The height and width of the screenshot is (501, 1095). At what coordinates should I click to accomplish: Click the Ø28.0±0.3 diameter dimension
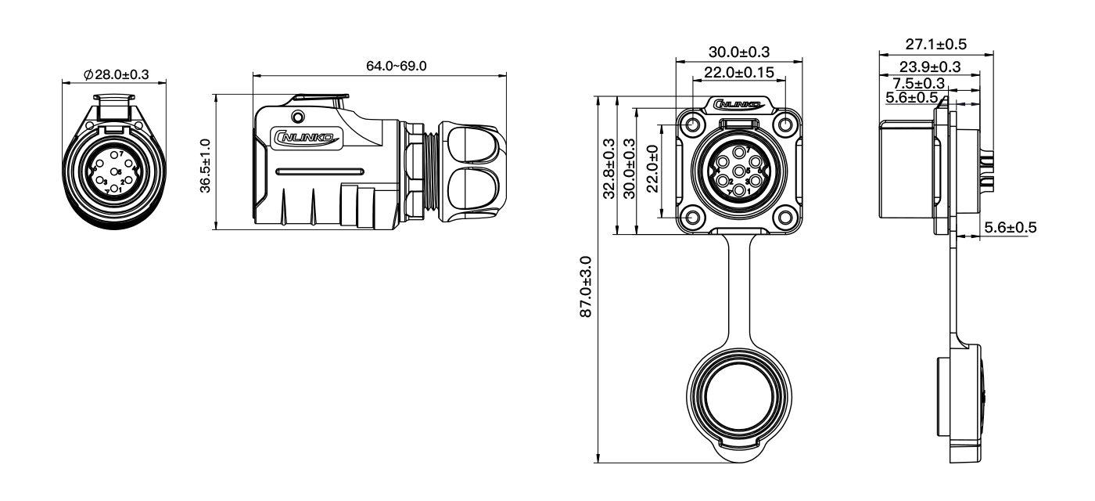(x=117, y=75)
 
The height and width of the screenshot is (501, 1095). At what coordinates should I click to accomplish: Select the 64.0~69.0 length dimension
(x=397, y=66)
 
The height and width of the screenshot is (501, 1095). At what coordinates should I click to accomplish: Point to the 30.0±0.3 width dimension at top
(x=738, y=52)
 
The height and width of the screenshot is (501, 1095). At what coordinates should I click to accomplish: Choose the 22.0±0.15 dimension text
(x=739, y=72)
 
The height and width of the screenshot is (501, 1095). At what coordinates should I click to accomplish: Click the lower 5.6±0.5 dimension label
(x=1009, y=228)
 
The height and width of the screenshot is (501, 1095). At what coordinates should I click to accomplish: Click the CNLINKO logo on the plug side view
(x=311, y=138)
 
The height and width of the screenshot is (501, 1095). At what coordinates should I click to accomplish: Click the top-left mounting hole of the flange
(x=692, y=126)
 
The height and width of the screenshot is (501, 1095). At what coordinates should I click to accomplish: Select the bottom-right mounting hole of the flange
(x=785, y=218)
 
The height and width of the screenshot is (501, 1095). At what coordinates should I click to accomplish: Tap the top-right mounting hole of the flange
(x=785, y=126)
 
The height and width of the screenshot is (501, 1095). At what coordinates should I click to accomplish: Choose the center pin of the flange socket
(x=739, y=171)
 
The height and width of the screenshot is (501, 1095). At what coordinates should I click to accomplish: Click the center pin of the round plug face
(x=115, y=172)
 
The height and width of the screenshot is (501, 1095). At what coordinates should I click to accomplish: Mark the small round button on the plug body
(x=296, y=117)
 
